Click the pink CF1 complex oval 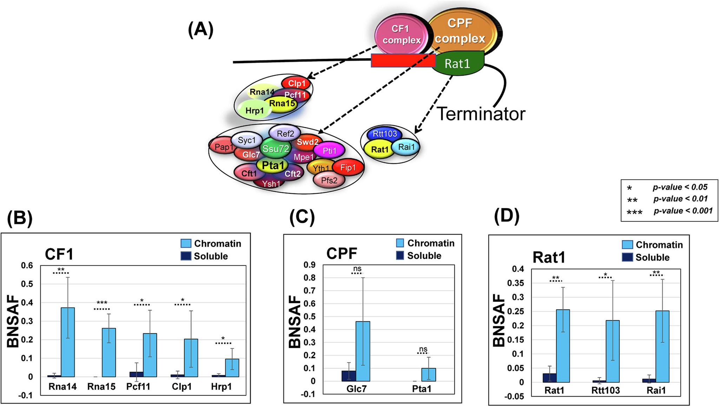tap(401, 34)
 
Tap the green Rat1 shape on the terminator tap(457, 64)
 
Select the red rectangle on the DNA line tap(403, 60)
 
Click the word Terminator tap(481, 114)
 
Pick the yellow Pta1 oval tap(272, 165)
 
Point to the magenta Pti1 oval tap(329, 151)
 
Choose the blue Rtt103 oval tap(384, 134)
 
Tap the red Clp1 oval tap(296, 83)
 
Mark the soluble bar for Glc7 tap(349, 376)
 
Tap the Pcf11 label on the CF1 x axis tap(138, 387)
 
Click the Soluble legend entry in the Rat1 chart tap(652, 257)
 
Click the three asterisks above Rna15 tap(102, 303)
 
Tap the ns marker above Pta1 tap(423, 349)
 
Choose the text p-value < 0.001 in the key tap(683, 211)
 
